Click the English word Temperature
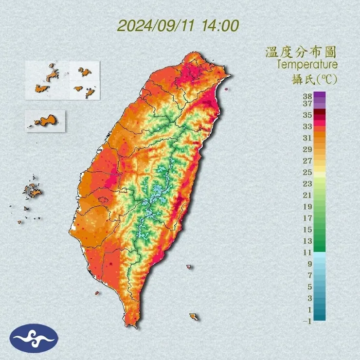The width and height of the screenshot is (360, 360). pos(306,64)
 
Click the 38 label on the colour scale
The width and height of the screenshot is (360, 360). pos(307,95)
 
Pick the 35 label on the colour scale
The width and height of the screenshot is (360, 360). pos(307,115)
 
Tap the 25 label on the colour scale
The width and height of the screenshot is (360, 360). pos(307,172)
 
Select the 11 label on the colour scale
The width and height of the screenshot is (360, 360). pos(307,252)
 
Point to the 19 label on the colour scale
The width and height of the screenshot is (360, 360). pos(307,207)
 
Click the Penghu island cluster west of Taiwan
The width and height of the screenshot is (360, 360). pos(33,191)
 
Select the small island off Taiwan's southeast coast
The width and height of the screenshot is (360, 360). pos(194,317)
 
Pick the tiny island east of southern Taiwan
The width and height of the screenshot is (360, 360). pos(189,266)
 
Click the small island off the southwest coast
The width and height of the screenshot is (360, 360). pos(97,293)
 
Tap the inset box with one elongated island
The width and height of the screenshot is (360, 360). pos(45,120)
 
